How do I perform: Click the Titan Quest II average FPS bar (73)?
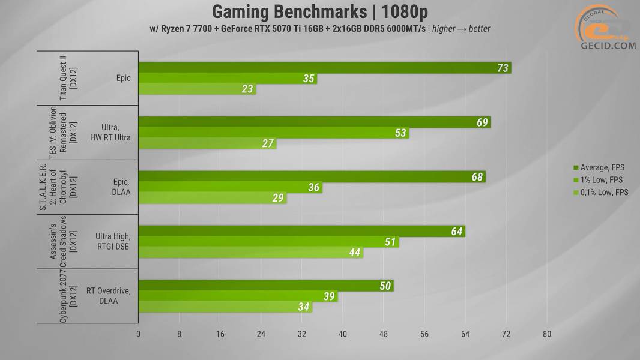[x=324, y=68]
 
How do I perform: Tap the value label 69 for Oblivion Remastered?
[x=482, y=122]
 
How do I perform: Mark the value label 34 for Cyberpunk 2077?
[x=304, y=307]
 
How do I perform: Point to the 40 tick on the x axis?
[x=343, y=334]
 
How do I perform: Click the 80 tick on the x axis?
[x=547, y=334]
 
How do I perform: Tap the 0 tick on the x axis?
[x=139, y=334]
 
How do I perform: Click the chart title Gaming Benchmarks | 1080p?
[x=320, y=11]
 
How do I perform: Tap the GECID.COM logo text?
[x=608, y=46]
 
